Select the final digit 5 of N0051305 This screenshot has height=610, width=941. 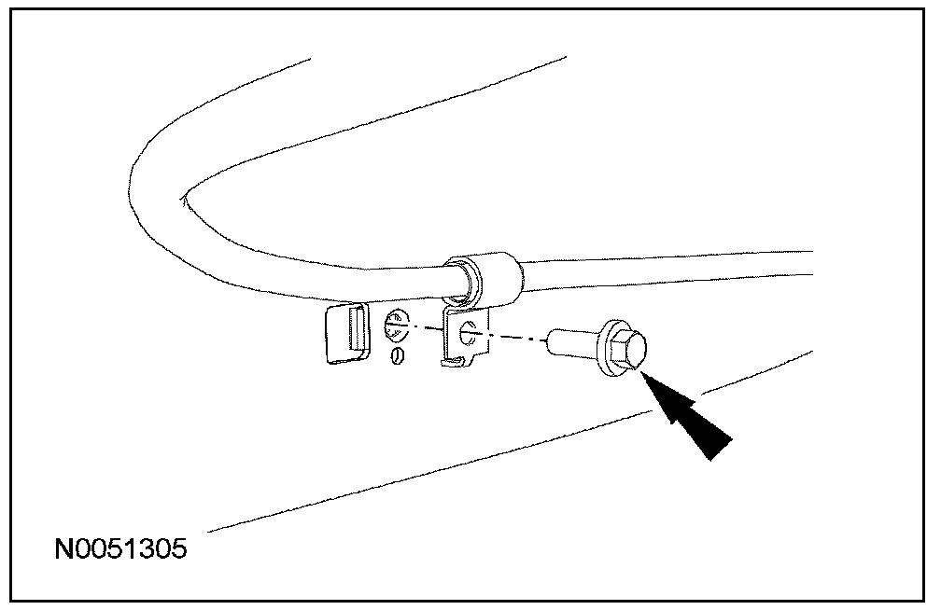177,548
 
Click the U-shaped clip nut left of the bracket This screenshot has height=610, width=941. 343,333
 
